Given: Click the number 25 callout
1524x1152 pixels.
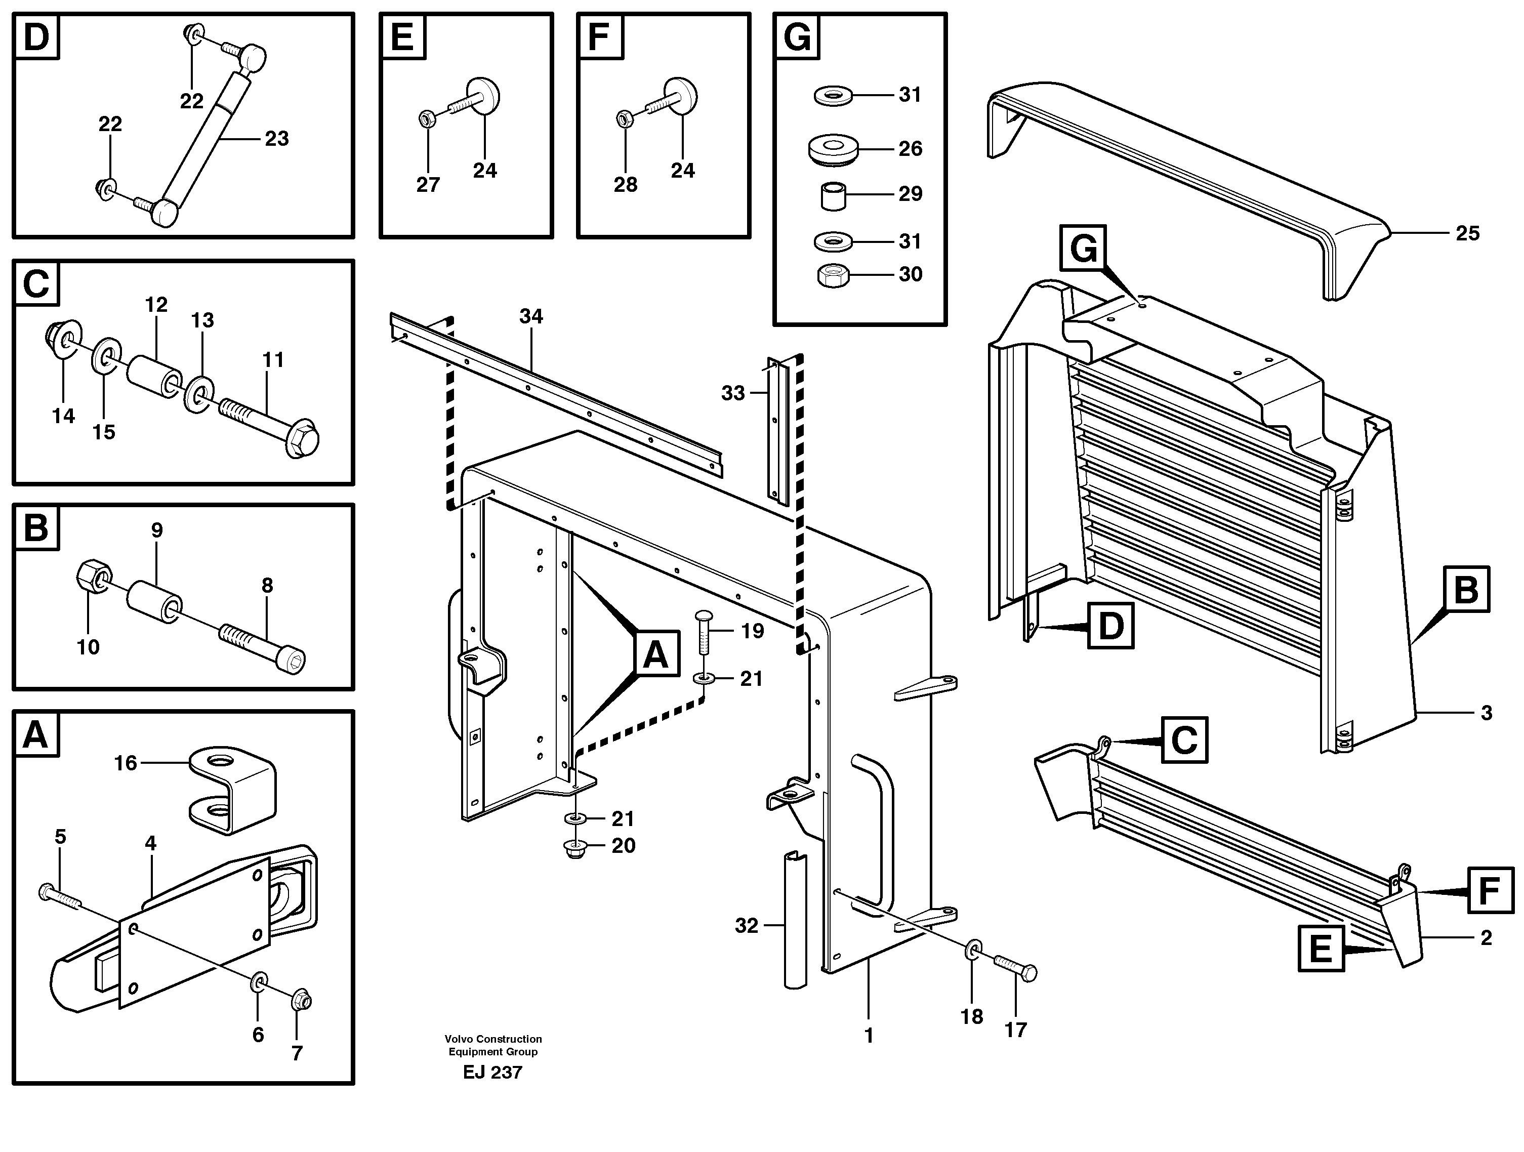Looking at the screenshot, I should click(x=1467, y=233).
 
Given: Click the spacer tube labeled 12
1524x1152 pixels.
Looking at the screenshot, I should click(x=155, y=377).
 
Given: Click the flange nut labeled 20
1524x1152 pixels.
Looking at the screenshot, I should click(x=576, y=849).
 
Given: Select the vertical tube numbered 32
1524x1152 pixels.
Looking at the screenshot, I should click(x=795, y=921).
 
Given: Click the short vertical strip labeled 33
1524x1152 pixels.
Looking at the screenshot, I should click(x=776, y=427).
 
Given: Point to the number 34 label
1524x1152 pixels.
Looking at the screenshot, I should click(x=530, y=316).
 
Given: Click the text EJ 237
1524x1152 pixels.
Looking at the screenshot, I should click(x=492, y=1073).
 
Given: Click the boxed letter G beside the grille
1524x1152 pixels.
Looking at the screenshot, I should click(x=1083, y=248).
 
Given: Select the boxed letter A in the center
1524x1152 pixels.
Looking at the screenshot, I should click(x=655, y=654).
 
